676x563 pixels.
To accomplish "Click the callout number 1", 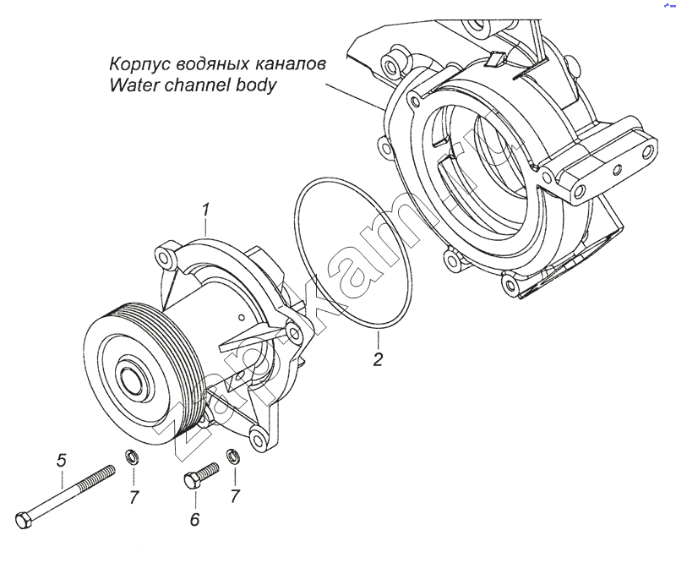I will coord(205,208).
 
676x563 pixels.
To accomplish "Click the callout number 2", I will coord(379,359).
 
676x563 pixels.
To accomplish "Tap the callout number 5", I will coord(61,461).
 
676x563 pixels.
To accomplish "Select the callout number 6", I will coord(194,519).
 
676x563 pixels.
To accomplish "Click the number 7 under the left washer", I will coord(134,497).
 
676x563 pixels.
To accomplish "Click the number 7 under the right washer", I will coord(236,497).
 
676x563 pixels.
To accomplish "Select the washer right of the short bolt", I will coord(232,459).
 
